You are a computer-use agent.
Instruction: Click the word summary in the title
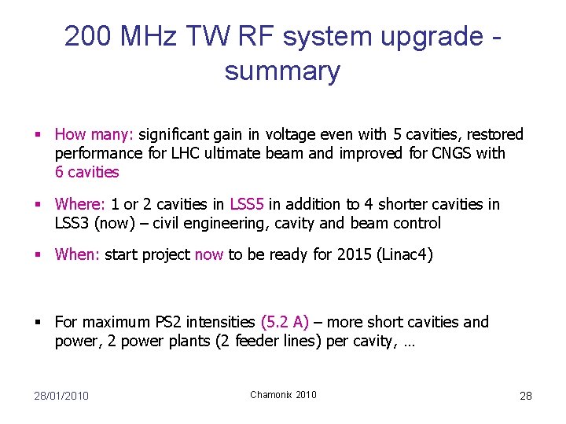(282, 71)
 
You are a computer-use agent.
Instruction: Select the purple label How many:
(94, 135)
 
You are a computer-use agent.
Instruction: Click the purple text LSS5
(247, 204)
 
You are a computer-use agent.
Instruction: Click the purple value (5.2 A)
(285, 322)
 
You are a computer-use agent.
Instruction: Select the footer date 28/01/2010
(61, 396)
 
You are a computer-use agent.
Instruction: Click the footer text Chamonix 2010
(283, 395)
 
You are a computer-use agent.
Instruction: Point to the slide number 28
(526, 396)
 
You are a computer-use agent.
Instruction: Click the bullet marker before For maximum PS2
(38, 323)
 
